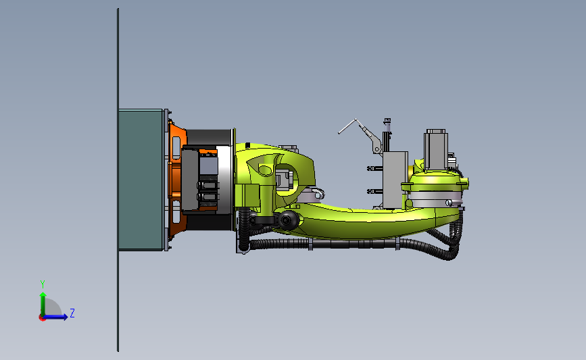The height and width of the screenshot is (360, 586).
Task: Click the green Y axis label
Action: [43, 284]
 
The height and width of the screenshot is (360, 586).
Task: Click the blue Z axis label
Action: [72, 313]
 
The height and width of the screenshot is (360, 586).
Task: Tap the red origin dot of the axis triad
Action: [42, 318]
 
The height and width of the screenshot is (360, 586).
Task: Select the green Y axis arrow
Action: [43, 304]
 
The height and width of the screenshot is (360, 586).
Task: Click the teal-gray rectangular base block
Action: [141, 180]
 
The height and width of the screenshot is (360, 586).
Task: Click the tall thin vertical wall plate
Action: [118, 180]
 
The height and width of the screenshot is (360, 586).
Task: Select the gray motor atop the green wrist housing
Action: [435, 149]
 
